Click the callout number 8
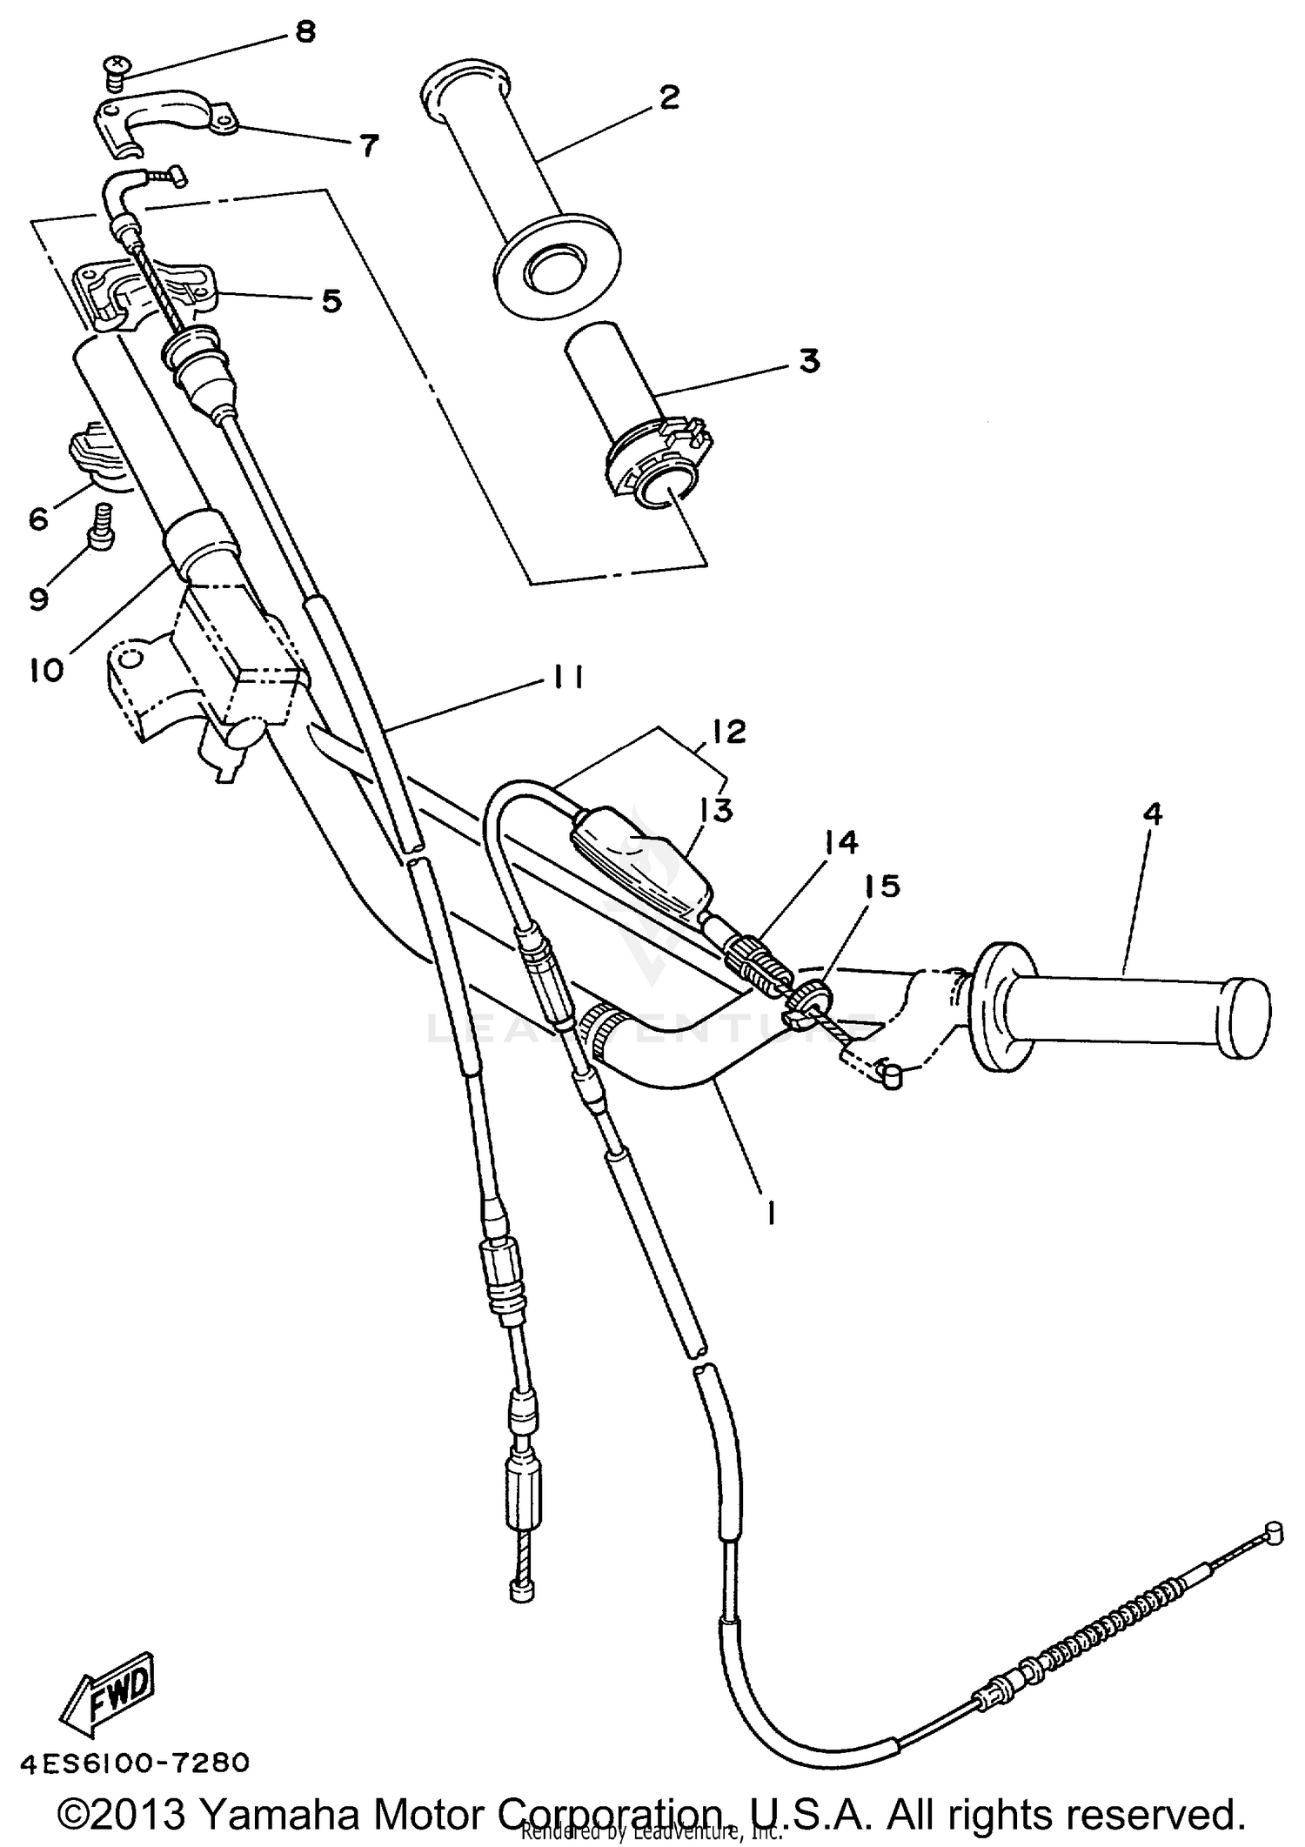(x=304, y=32)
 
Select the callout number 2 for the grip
(x=668, y=97)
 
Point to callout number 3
(x=808, y=359)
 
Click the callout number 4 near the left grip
(x=1152, y=814)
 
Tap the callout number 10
(x=47, y=670)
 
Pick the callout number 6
(x=38, y=519)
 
